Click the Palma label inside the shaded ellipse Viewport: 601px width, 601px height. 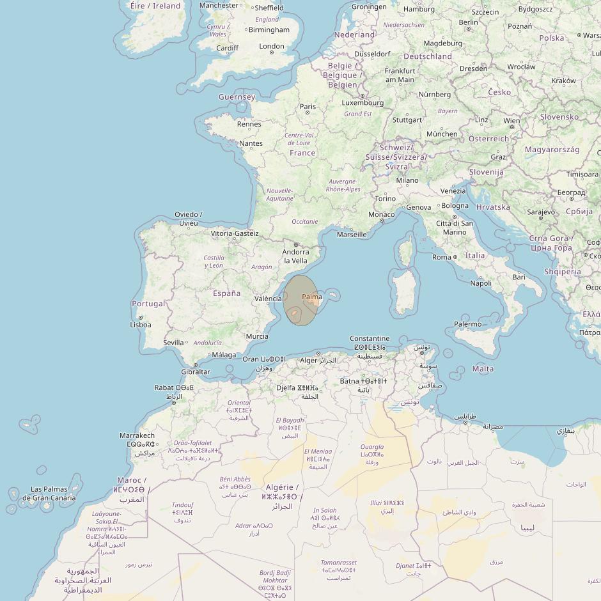click(312, 297)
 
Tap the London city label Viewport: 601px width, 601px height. click(272, 46)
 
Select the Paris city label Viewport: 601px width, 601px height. click(308, 107)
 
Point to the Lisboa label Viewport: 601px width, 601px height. click(141, 324)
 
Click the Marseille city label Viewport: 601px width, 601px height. click(352, 234)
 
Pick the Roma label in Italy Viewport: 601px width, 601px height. click(442, 257)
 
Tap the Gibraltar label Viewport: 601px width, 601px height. click(195, 371)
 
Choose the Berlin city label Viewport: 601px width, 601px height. click(468, 22)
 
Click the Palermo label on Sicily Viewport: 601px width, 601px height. click(467, 324)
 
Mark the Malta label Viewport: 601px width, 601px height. click(483, 368)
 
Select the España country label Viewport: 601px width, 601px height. click(226, 293)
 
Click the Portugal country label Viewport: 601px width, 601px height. click(148, 304)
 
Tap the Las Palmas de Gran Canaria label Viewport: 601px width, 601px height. click(49, 494)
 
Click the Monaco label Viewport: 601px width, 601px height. click(382, 214)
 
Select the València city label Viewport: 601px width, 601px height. click(268, 299)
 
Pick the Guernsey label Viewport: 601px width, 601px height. click(237, 97)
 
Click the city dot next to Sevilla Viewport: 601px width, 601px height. click(187, 343)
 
